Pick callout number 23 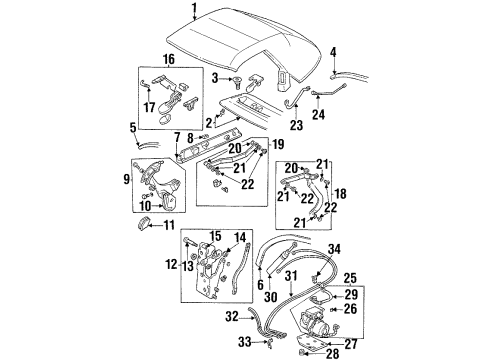tap(295, 127)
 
